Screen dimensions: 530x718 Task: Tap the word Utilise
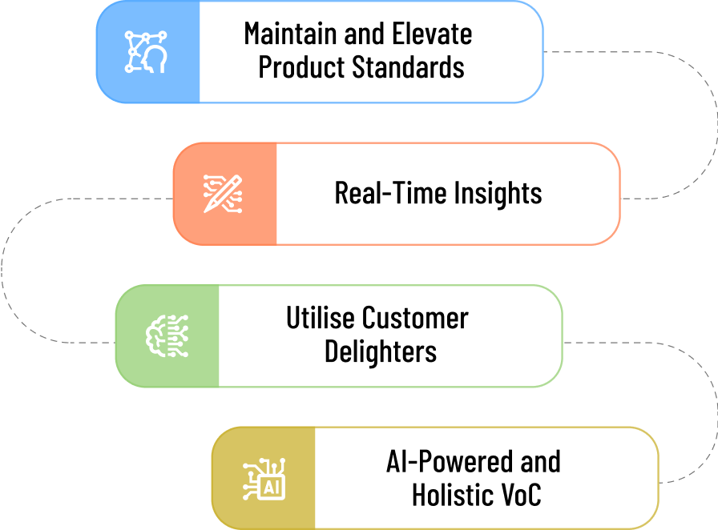coord(320,318)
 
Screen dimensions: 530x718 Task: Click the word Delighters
coord(381,351)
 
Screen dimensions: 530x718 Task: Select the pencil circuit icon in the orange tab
coord(224,193)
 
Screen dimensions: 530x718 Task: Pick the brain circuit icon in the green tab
coord(166,336)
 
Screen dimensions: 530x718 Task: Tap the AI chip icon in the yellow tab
coord(262,478)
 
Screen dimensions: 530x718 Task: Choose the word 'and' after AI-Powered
coord(539,462)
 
